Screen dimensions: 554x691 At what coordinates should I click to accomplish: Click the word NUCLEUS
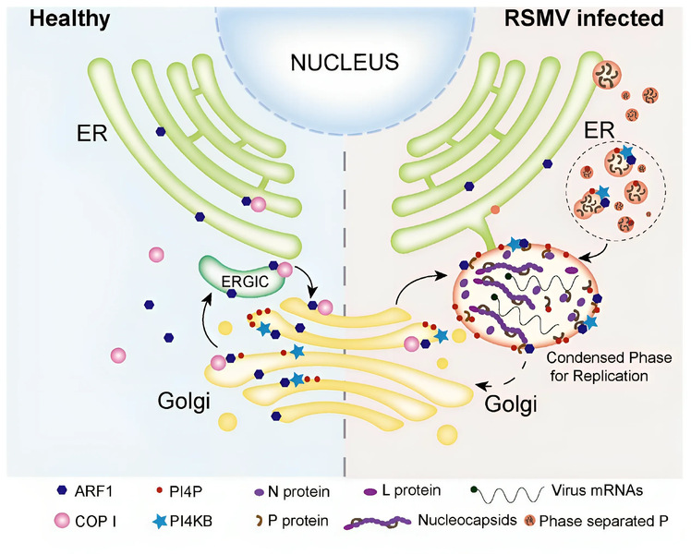[345, 63]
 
